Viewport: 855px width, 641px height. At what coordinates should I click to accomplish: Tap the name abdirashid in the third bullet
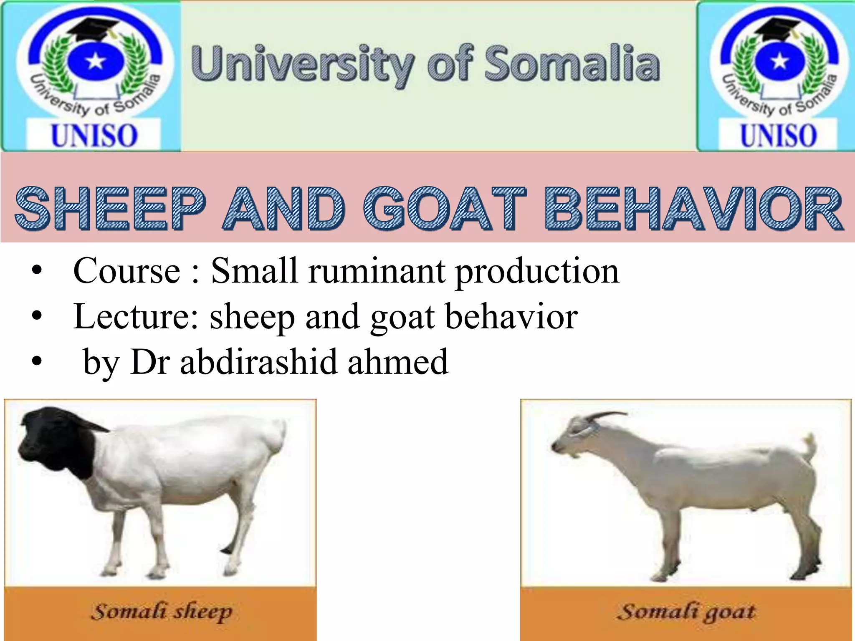[258, 361]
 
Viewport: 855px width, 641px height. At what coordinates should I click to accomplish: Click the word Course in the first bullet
[126, 271]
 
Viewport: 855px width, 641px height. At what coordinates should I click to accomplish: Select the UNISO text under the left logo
[94, 136]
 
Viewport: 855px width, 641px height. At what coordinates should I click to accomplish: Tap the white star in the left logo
[96, 62]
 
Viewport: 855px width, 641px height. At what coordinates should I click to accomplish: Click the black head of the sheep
[54, 442]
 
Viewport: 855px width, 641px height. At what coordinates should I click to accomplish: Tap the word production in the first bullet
[537, 271]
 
